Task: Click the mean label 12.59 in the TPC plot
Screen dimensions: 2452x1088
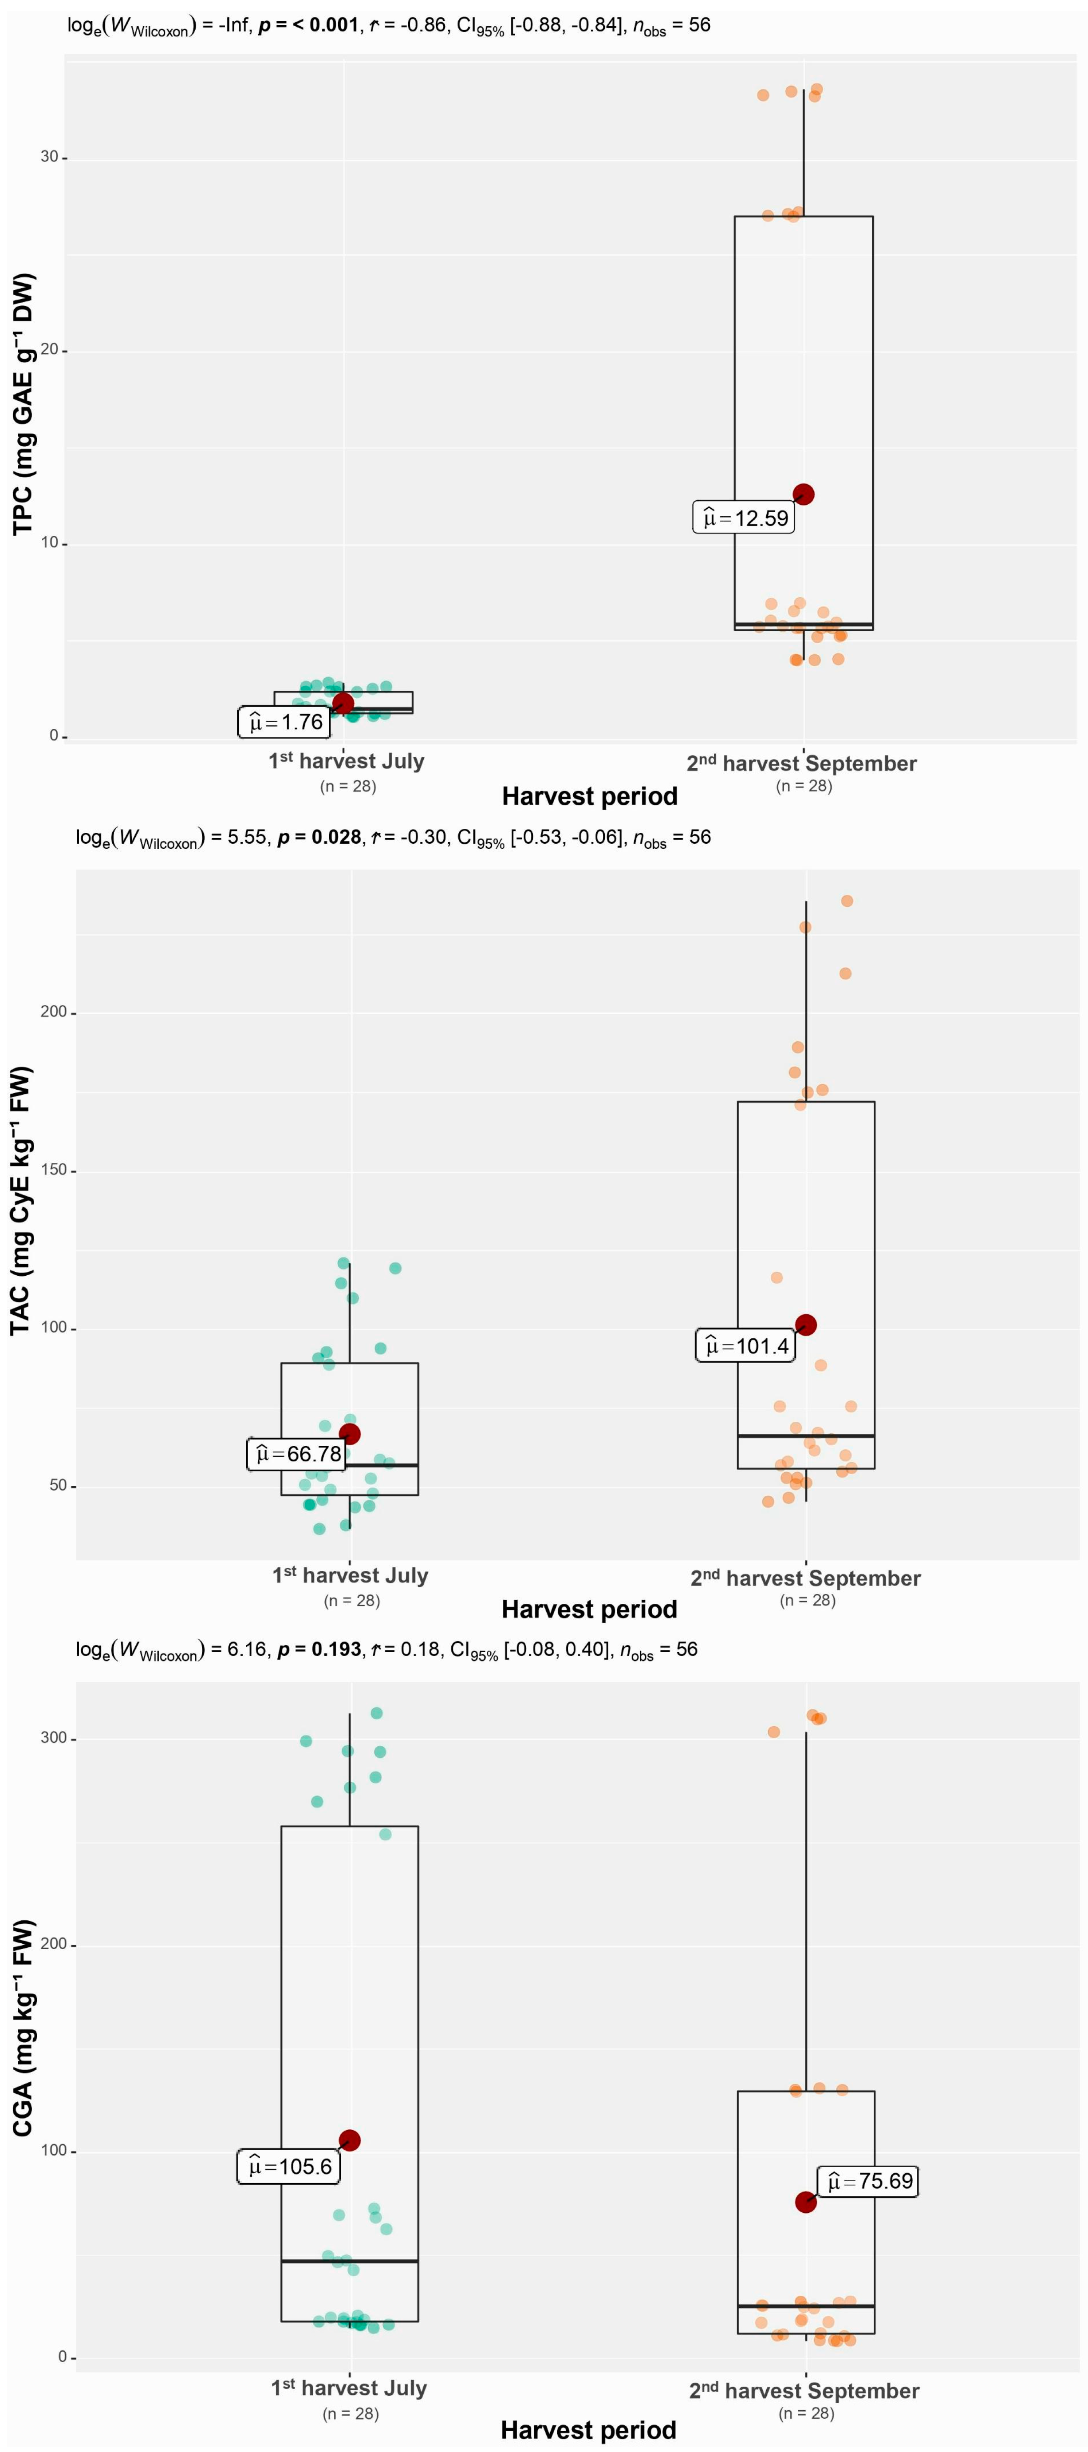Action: [x=743, y=518]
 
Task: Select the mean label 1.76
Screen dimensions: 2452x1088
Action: [x=284, y=723]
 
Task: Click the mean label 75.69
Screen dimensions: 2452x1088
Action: [x=868, y=2181]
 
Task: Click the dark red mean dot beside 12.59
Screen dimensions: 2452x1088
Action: [x=804, y=494]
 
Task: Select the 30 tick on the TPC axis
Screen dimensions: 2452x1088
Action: [x=50, y=157]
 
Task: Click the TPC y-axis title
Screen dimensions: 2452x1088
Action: [x=23, y=404]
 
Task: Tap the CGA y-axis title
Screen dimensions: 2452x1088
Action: [x=23, y=2028]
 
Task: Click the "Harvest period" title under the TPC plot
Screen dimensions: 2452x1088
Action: [x=589, y=796]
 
